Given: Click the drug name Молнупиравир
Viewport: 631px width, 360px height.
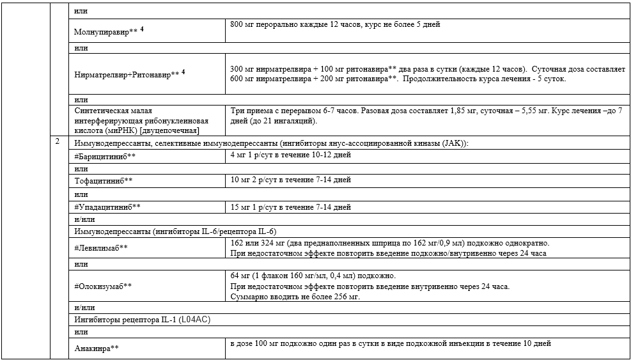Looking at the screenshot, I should pyautogui.click(x=102, y=31).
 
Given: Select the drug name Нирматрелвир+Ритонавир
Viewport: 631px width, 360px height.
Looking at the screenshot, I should pyautogui.click(x=122, y=75).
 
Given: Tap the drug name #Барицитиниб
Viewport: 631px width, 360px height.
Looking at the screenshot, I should pyautogui.click(x=104, y=156).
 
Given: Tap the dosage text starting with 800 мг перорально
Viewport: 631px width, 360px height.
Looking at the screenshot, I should pyautogui.click(x=335, y=25).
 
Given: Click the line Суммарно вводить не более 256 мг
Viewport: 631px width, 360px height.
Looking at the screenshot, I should pyautogui.click(x=295, y=297).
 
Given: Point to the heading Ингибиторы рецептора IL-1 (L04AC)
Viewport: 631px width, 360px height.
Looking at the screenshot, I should pyautogui.click(x=143, y=320).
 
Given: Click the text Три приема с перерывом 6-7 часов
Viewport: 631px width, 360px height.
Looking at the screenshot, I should pyautogui.click(x=292, y=111).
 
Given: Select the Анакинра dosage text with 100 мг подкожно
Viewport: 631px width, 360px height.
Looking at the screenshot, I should pyautogui.click(x=391, y=343).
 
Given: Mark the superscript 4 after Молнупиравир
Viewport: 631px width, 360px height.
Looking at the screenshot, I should pyautogui.click(x=142, y=29).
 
